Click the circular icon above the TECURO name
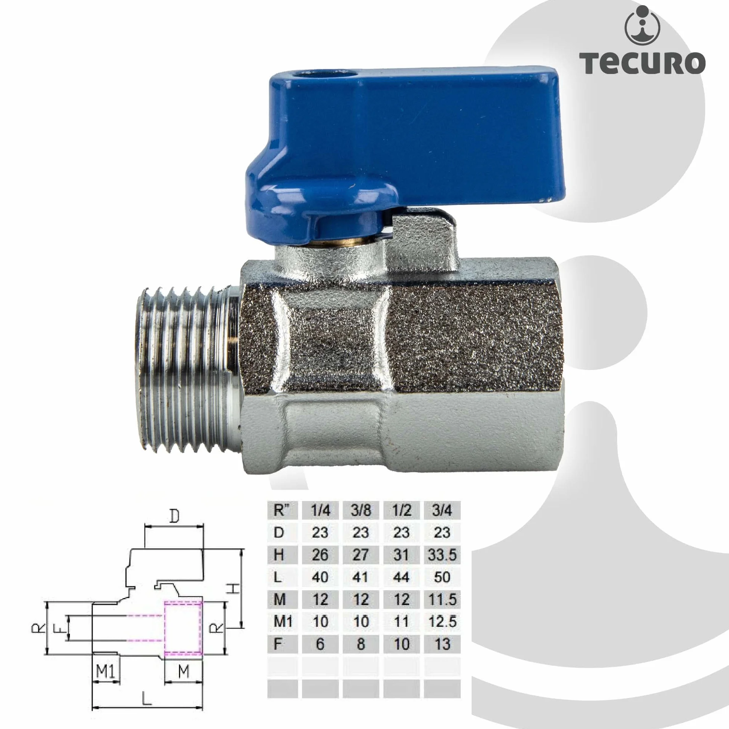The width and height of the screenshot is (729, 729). click(642, 25)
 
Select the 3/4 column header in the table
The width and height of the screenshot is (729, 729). click(442, 510)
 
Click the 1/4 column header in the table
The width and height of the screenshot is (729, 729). click(320, 510)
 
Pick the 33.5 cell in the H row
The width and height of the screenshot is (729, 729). click(442, 555)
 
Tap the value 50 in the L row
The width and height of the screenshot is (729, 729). click(442, 577)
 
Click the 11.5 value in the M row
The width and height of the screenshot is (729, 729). click(442, 599)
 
